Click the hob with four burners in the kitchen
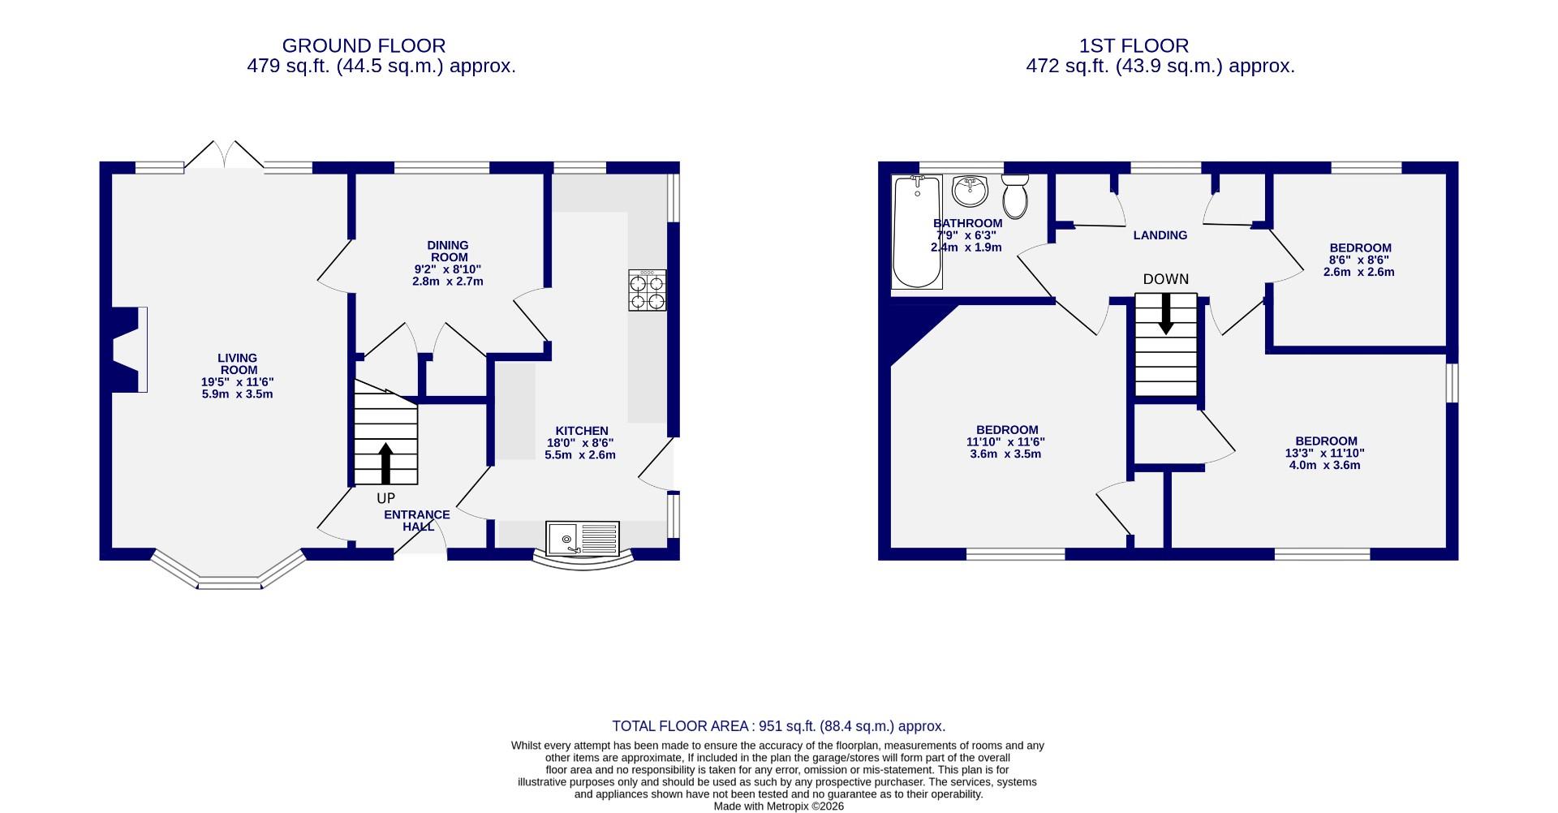click(647, 290)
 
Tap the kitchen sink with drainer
click(582, 539)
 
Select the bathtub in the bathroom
click(916, 232)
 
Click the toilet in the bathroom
click(1014, 196)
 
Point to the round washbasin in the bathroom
click(970, 191)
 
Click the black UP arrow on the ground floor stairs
click(385, 463)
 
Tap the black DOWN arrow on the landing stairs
click(1166, 313)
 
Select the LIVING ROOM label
click(237, 363)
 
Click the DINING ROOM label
click(448, 251)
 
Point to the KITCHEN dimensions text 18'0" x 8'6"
click(580, 443)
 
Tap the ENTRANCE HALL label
click(416, 520)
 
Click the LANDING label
click(1160, 235)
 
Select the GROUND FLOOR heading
click(364, 45)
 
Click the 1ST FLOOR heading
click(1134, 45)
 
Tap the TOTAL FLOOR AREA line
click(778, 726)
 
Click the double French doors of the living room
click(224, 156)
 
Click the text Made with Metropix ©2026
click(778, 806)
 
